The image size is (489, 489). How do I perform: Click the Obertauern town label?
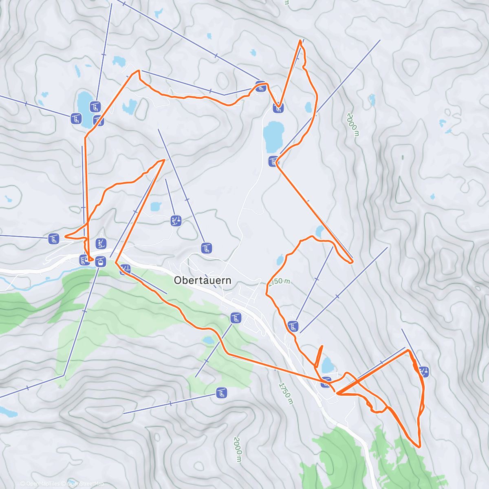coord(203,280)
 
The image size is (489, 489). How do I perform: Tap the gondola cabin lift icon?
coord(100,262)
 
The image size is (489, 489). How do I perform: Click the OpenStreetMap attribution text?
coord(85,484)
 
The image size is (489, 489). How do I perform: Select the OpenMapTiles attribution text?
coord(42,484)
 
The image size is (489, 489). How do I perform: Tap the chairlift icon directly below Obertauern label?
coord(235,318)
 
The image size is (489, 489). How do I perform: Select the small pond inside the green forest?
coord(208,340)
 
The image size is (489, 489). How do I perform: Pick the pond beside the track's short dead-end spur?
coord(328,365)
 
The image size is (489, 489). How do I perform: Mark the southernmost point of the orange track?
coord(419,447)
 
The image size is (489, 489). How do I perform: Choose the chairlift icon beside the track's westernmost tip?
coord(54,238)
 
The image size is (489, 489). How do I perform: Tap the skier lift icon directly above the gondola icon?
coord(101,244)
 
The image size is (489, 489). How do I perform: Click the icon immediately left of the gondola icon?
coord(84,260)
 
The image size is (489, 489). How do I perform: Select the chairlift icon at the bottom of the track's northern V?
coord(278,108)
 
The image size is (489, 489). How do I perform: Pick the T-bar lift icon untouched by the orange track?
coord(176,221)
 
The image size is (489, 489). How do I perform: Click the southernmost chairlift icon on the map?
coord(221,393)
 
